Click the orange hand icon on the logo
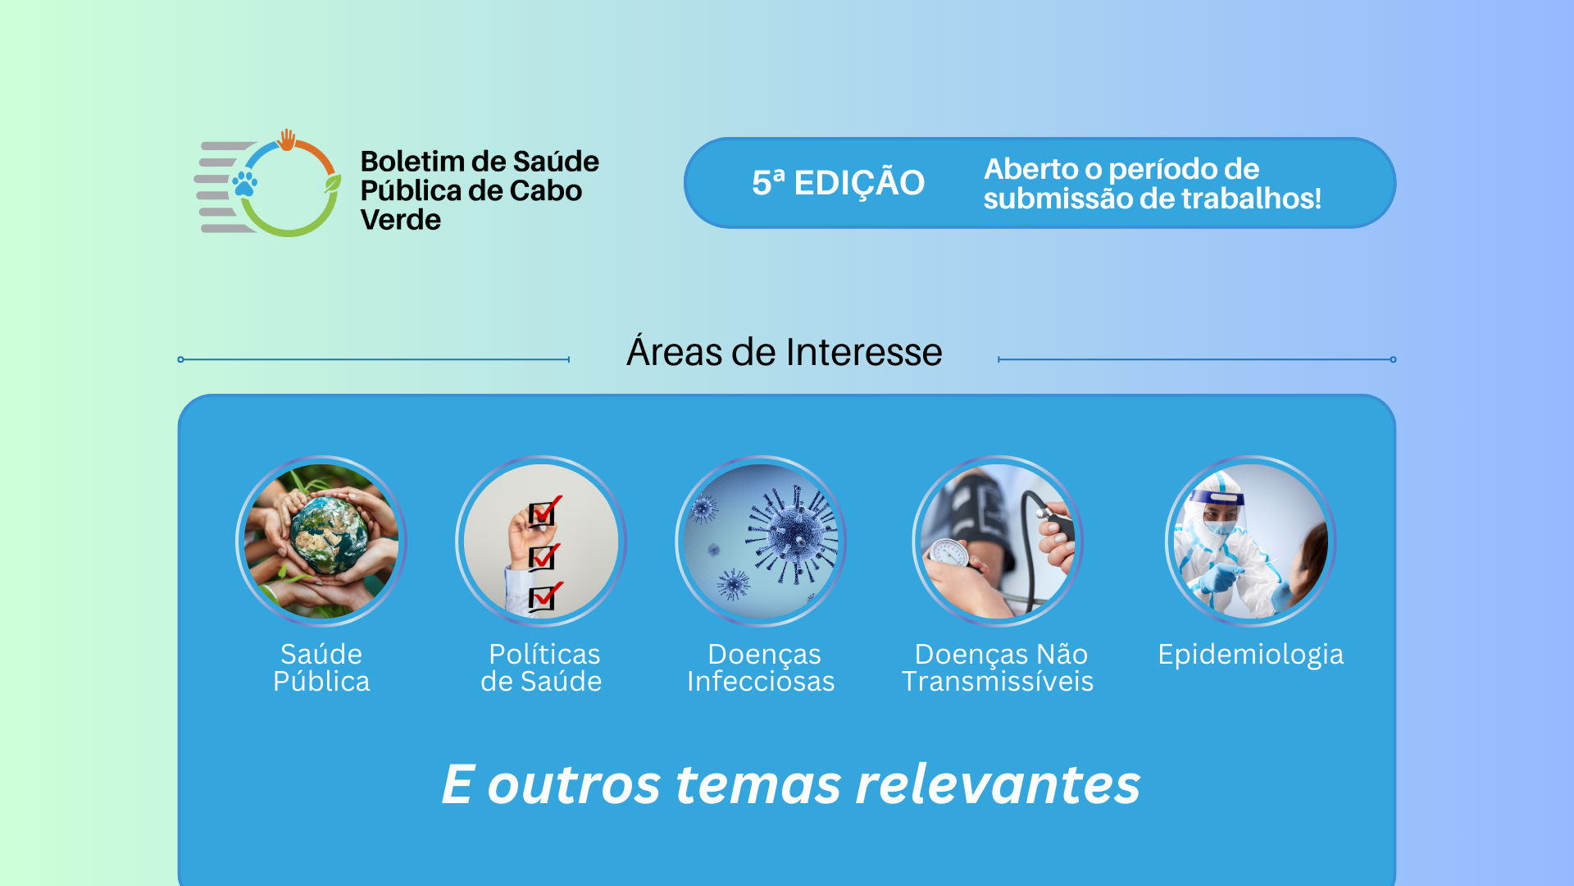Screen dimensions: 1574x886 tap(287, 140)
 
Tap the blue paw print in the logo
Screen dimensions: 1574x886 tap(244, 183)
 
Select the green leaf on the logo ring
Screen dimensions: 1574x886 tap(332, 183)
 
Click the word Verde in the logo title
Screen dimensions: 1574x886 tap(401, 220)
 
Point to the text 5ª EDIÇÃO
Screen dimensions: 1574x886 tap(838, 182)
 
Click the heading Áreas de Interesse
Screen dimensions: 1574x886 tap(785, 351)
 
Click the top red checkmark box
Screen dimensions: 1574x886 tap(544, 512)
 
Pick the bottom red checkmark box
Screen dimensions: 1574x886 tap(544, 597)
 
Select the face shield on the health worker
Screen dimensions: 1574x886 tap(1218, 509)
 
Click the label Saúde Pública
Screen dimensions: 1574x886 tap(321, 668)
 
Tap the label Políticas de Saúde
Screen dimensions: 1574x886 tap(541, 668)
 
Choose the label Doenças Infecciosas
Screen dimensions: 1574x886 tap(761, 668)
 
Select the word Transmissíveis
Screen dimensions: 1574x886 tap(998, 682)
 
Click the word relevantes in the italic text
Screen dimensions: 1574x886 tap(998, 784)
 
